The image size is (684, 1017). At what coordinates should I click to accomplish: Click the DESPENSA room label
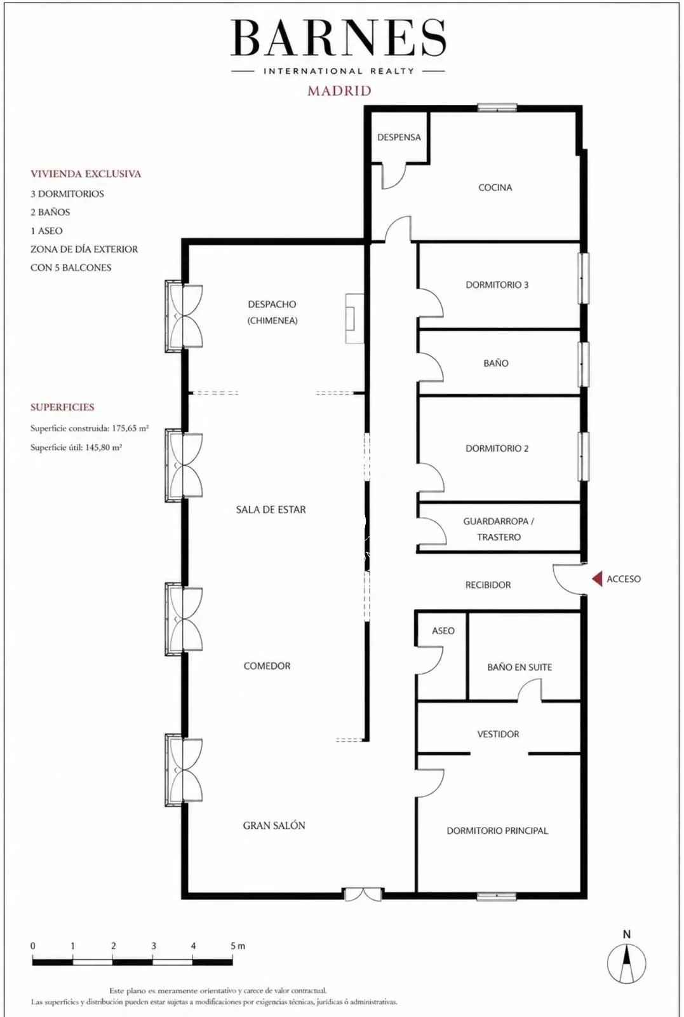coord(399,137)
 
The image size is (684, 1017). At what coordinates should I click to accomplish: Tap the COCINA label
coord(495,187)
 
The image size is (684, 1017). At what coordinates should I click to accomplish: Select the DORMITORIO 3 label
coord(497,285)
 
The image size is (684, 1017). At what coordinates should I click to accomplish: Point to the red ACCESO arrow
coord(598,578)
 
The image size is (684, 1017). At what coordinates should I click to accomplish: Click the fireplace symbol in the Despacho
coord(354,318)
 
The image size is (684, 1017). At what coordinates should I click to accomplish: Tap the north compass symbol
coord(626,962)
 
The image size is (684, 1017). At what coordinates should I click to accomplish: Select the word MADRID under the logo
coord(339,91)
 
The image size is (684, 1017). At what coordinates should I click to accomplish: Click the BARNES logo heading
coord(339,38)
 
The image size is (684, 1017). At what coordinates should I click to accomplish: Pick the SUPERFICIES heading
coord(62,407)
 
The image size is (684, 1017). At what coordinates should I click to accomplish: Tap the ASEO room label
coord(443,631)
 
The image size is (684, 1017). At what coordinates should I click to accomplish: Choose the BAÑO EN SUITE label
coord(520,667)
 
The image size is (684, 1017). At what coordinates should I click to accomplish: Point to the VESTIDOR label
coord(497,734)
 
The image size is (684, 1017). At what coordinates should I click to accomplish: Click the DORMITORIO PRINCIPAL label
coord(497,830)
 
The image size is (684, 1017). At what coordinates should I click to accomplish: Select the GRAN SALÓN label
coord(274,825)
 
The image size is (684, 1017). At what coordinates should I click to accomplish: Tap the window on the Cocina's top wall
coord(497,108)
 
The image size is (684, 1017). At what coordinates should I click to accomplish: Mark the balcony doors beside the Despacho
coord(184,316)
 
